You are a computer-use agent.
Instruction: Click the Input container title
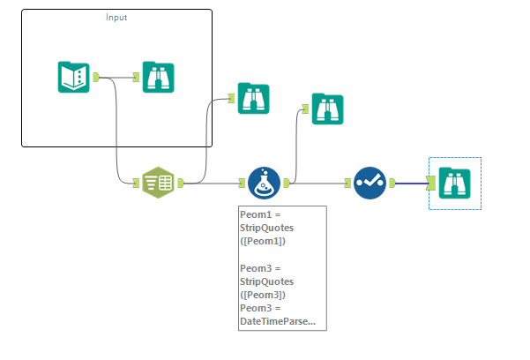[116, 18]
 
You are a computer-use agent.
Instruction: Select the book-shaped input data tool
[73, 77]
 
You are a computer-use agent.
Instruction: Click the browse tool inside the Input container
[159, 77]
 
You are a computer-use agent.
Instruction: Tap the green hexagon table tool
[159, 183]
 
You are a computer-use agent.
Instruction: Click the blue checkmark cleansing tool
[370, 183]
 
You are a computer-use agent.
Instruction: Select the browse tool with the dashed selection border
[454, 184]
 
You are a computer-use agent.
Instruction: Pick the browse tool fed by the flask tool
[327, 109]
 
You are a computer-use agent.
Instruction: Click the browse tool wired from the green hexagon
[253, 98]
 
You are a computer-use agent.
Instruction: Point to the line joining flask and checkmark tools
[319, 184]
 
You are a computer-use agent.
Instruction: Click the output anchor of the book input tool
[96, 77]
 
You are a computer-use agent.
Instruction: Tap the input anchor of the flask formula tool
[242, 183]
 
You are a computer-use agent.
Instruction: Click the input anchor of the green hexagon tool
[137, 183]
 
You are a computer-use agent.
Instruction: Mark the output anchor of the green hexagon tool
[180, 183]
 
